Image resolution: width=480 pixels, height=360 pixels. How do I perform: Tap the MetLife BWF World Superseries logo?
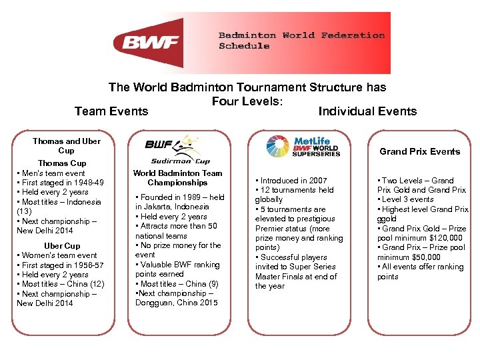(303, 146)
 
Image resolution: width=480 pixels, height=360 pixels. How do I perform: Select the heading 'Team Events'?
(111, 111)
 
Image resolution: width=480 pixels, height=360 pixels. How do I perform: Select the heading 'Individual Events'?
(367, 111)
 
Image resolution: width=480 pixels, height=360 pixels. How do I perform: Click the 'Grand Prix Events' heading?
(420, 151)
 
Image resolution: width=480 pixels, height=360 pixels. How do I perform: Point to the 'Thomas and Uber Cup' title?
(67, 145)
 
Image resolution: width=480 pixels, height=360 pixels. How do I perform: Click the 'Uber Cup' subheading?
(62, 246)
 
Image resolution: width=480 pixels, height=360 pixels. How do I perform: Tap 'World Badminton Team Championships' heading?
(177, 177)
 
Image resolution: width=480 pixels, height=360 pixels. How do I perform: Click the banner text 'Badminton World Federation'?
(301, 35)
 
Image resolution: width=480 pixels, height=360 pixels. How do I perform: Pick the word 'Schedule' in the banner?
(244, 46)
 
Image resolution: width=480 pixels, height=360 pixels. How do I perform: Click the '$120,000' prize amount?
(444, 238)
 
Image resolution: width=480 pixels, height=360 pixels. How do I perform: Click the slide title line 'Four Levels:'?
(247, 101)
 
